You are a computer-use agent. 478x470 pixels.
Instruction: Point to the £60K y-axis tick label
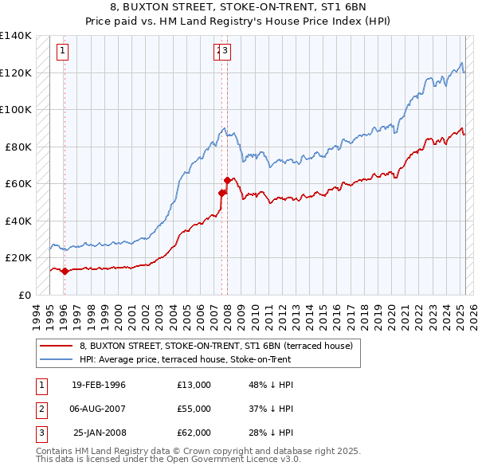coord(18,184)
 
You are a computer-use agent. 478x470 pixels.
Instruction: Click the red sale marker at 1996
coord(65,271)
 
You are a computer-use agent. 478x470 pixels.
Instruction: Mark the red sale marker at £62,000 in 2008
coord(227,180)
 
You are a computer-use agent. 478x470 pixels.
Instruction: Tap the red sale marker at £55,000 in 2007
coord(221,193)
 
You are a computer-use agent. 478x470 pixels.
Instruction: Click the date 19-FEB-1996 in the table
coord(99,385)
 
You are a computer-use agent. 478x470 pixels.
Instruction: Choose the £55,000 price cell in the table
coord(194,409)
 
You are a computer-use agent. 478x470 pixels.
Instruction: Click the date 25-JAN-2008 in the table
coord(99,433)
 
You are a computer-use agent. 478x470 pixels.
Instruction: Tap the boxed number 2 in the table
coord(41,409)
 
